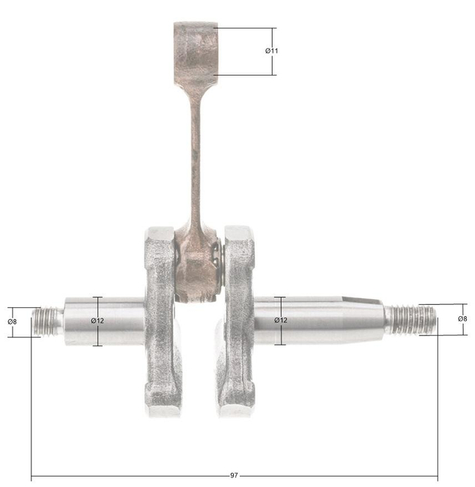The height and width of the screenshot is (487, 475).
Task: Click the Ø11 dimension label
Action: point(271,50)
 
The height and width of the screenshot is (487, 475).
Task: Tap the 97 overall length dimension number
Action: point(235,476)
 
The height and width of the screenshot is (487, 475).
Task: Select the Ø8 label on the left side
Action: point(12,321)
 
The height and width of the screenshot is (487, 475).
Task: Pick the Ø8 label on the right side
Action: point(462,318)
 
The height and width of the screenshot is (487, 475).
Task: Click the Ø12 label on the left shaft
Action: point(97,321)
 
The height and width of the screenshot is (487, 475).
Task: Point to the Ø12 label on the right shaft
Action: point(280,320)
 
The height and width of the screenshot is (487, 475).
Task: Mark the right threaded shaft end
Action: point(411,318)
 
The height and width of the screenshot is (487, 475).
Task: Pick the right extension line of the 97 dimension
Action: point(438,405)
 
